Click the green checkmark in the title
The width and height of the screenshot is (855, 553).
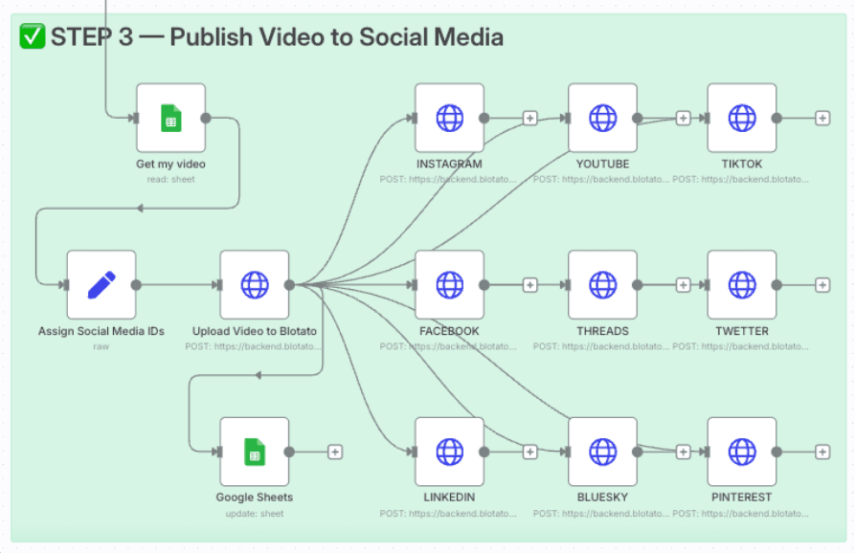click(x=32, y=37)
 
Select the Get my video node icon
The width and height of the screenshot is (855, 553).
click(x=170, y=118)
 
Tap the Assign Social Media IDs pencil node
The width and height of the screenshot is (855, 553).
click(x=101, y=284)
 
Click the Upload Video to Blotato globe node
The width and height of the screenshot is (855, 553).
click(x=254, y=284)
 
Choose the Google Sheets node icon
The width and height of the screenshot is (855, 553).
click(x=254, y=452)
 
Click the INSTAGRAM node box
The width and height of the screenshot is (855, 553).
click(x=449, y=118)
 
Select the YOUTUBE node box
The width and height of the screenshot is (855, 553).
click(x=602, y=118)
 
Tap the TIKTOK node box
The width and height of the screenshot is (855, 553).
click(x=742, y=118)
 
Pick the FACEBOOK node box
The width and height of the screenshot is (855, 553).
click(x=449, y=284)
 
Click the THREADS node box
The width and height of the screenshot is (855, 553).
click(x=602, y=284)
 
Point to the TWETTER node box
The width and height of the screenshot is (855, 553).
click(x=742, y=284)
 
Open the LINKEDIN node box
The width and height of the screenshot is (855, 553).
click(x=449, y=452)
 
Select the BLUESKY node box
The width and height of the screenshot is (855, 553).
click(x=602, y=452)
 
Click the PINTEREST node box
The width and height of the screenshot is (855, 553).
click(x=742, y=452)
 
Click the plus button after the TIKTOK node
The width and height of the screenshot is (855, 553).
click(x=821, y=118)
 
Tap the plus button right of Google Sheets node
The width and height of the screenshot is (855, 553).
click(x=335, y=452)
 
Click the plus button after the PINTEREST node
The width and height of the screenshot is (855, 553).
click(x=821, y=452)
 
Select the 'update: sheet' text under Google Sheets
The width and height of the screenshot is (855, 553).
click(x=254, y=514)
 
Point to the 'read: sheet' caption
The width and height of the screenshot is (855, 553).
click(x=170, y=179)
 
